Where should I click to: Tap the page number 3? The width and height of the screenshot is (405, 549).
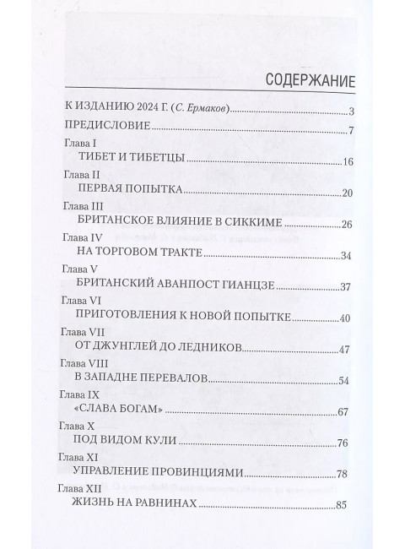(x=350, y=111)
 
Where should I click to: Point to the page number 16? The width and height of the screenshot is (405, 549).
(x=347, y=162)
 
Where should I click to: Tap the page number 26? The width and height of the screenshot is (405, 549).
(x=347, y=225)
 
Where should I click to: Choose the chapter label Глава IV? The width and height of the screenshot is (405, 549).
(x=85, y=238)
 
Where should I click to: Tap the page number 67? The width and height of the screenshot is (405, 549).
(x=343, y=411)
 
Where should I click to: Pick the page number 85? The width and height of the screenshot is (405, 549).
(x=343, y=507)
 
